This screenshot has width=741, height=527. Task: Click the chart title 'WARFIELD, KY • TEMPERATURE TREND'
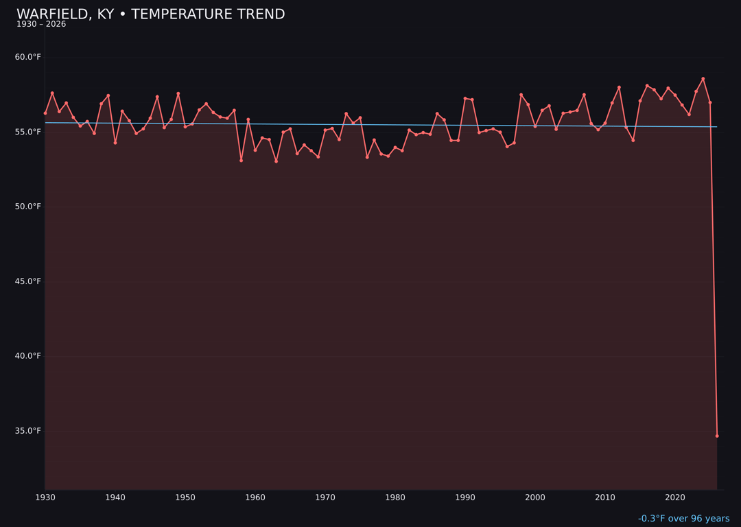[x=150, y=14]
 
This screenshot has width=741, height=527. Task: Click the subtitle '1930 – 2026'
[x=41, y=25]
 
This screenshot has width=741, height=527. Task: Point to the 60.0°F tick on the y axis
[x=28, y=57]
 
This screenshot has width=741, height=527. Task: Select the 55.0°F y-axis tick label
[x=28, y=132]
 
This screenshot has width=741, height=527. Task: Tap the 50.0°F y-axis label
[x=28, y=207]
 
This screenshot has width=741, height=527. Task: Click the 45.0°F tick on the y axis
[x=28, y=281]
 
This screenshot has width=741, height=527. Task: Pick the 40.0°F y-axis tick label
[x=28, y=355]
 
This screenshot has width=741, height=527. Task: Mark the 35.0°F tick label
[x=28, y=430]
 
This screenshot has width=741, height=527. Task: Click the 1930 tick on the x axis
[x=45, y=497]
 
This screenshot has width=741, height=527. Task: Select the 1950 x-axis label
[x=185, y=497]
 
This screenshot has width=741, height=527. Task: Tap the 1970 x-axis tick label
[x=325, y=497]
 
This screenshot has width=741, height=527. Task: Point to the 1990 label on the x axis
[x=465, y=497]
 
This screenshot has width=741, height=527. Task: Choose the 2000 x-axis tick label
[x=535, y=497]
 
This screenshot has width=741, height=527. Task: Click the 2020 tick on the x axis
[x=675, y=497]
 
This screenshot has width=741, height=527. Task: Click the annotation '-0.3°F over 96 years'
[x=683, y=519]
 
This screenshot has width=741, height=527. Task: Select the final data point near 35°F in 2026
[x=717, y=436]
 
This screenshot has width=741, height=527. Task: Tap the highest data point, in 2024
[x=703, y=78]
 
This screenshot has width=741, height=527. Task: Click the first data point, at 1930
[x=45, y=113]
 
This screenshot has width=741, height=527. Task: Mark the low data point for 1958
[x=241, y=161]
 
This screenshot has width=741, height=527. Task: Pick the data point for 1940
[x=115, y=143]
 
